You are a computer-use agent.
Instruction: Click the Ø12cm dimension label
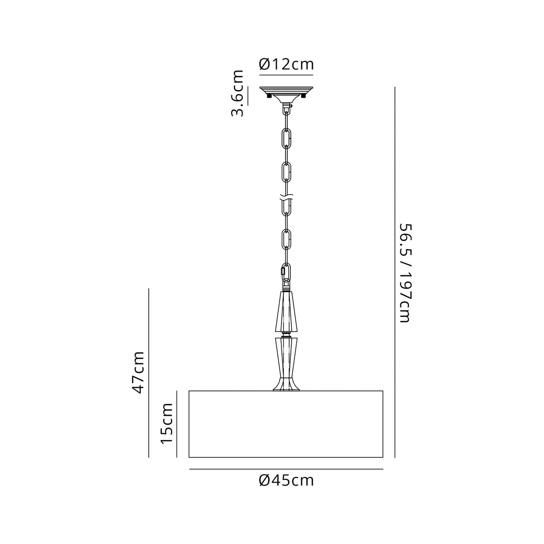pyautogui.click(x=286, y=64)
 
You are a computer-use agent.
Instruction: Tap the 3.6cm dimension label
pyautogui.click(x=238, y=93)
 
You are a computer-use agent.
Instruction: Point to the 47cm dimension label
pyautogui.click(x=138, y=372)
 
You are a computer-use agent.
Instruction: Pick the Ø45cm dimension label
pyautogui.click(x=286, y=481)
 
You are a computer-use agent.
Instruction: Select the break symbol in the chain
pyautogui.click(x=286, y=197)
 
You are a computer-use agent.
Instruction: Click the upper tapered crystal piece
pyautogui.click(x=286, y=311)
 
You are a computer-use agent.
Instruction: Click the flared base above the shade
pyautogui.click(x=286, y=385)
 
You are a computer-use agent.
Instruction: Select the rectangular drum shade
pyautogui.click(x=286, y=424)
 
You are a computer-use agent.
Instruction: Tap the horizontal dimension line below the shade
pyautogui.click(x=286, y=469)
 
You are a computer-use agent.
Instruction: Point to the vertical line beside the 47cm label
pyautogui.click(x=149, y=372)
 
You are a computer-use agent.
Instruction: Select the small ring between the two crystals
pyautogui.click(x=286, y=334)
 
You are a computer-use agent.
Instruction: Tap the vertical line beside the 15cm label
pyautogui.click(x=176, y=424)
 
